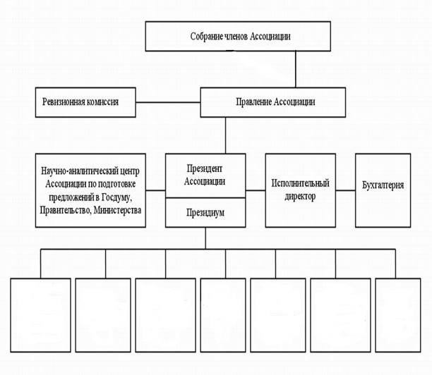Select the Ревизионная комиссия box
(85, 102)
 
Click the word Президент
(205, 168)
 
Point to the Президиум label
(205, 213)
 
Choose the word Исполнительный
(300, 183)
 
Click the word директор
(300, 197)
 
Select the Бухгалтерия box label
(383, 185)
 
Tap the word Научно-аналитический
(77, 171)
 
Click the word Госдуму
(116, 197)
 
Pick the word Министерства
(118, 211)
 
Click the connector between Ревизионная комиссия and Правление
(168, 102)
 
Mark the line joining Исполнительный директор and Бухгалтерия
(345, 190)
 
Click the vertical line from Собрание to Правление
(296, 69)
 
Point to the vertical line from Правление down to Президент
(225, 135)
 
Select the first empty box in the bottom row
(40, 315)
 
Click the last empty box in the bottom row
(398, 315)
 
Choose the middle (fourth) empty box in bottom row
(223, 315)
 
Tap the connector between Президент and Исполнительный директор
(256, 190)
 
